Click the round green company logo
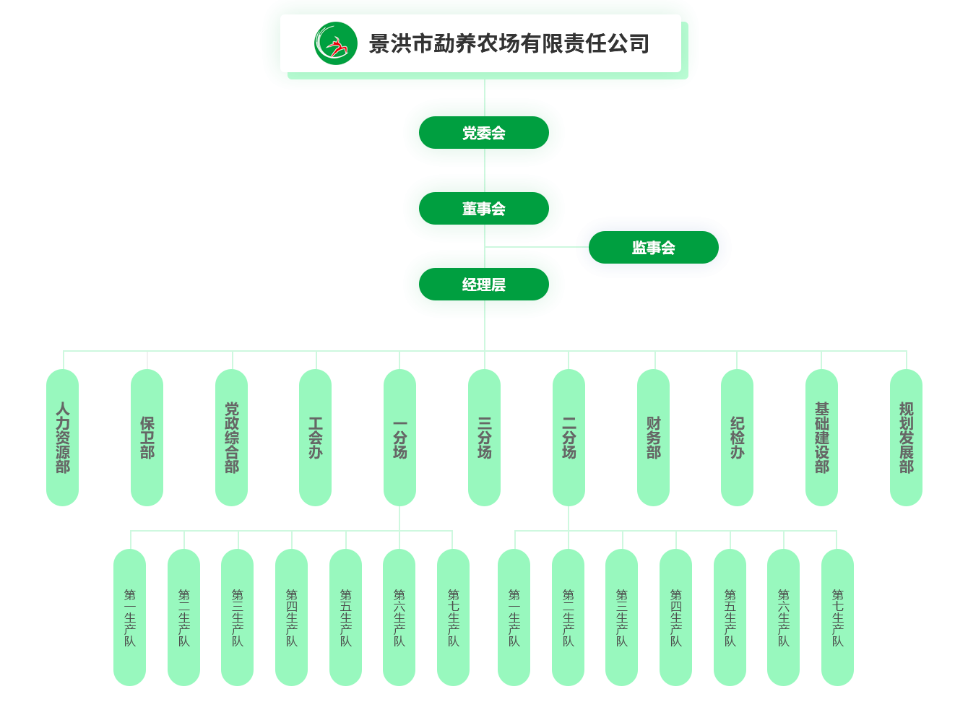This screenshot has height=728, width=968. click(x=336, y=43)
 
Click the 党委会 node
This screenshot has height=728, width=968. click(x=484, y=133)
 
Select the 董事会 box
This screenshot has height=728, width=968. click(x=484, y=209)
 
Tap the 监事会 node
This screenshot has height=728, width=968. click(x=654, y=248)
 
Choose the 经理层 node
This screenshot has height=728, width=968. click(x=484, y=285)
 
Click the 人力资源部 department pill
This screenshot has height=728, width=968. click(x=63, y=438)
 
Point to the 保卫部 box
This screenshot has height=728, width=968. click(x=147, y=438)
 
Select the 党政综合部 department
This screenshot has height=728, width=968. click(x=232, y=438)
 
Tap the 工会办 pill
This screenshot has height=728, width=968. click(x=316, y=438)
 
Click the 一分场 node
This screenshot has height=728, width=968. click(x=400, y=438)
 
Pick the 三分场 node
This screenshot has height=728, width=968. click(x=485, y=438)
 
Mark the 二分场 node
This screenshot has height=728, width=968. click(x=569, y=438)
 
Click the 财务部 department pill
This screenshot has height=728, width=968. click(x=654, y=438)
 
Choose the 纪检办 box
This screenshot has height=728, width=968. click(x=738, y=438)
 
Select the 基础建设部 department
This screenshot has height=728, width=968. click(x=822, y=438)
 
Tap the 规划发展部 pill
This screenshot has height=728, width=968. click(x=907, y=438)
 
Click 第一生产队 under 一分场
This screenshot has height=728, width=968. click(x=130, y=617)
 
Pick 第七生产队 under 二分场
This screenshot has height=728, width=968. click(x=838, y=617)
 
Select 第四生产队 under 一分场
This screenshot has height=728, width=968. click(x=292, y=617)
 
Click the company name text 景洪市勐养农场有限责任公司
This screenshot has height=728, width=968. click(x=509, y=44)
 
